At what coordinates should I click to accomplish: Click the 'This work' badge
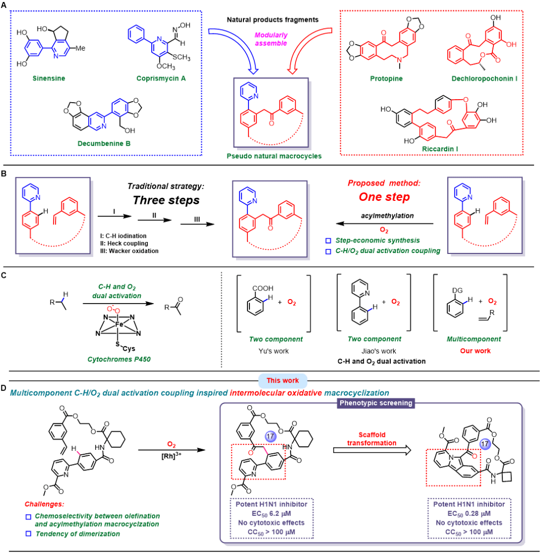[283, 381]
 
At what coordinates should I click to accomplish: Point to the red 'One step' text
[384, 196]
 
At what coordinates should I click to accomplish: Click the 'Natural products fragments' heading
[273, 19]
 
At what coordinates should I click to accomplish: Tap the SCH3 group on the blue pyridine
[182, 57]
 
